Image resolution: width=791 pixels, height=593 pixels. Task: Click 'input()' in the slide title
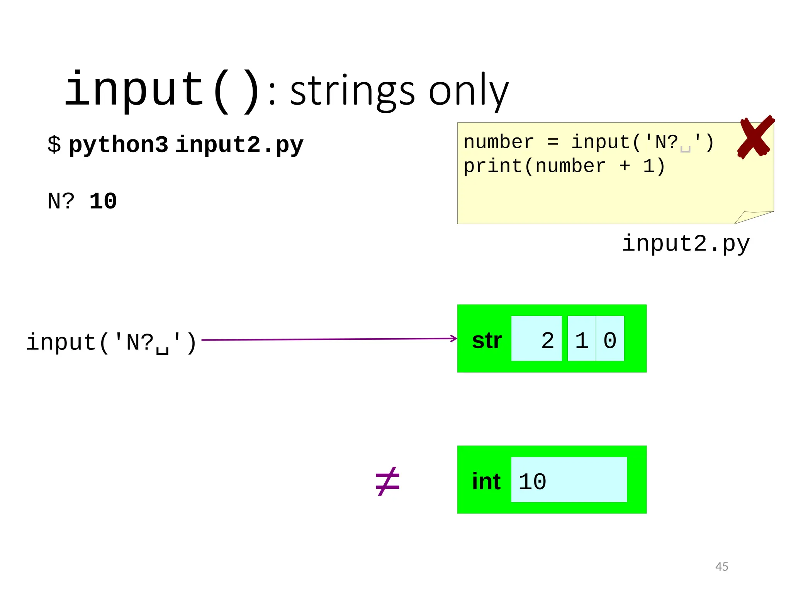pyautogui.click(x=162, y=91)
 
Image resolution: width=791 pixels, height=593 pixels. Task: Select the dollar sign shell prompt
pyautogui.click(x=54, y=144)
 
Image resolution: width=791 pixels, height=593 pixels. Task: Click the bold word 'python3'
pyautogui.click(x=118, y=145)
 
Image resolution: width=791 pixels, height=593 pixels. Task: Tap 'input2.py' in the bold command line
pyautogui.click(x=239, y=145)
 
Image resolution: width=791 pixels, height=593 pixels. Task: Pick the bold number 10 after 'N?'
pyautogui.click(x=103, y=201)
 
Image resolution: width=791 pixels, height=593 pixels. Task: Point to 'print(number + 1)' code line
pyautogui.click(x=564, y=166)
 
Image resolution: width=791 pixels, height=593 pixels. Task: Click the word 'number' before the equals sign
pyautogui.click(x=498, y=142)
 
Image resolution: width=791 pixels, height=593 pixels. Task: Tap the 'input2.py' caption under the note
pyautogui.click(x=685, y=244)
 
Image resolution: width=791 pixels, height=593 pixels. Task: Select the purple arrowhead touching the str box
pyautogui.click(x=454, y=339)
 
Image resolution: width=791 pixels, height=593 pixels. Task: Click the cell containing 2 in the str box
pyautogui.click(x=536, y=339)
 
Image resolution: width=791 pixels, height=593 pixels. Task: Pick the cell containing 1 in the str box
pyautogui.click(x=582, y=339)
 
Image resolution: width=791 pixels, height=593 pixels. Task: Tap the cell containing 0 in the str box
pyautogui.click(x=610, y=339)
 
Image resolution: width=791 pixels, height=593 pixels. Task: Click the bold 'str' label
pyautogui.click(x=487, y=341)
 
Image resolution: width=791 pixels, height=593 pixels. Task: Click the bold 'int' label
pyautogui.click(x=486, y=481)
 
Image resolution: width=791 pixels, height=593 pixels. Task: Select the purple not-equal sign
pyautogui.click(x=387, y=481)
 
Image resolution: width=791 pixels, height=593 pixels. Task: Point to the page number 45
pyautogui.click(x=721, y=566)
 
